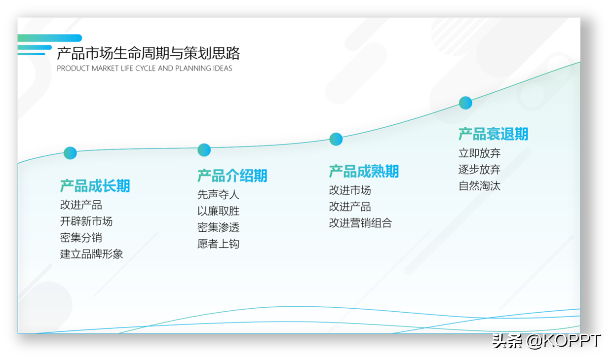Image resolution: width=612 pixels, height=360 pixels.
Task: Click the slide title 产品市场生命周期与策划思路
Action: coord(149,53)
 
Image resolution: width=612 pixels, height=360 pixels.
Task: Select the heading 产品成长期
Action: coord(95,186)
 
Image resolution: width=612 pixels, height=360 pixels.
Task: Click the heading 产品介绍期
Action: coord(232,176)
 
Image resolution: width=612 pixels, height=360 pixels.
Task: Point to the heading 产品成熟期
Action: coord(364,172)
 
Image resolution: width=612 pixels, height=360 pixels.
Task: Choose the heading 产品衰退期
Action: coord(493,134)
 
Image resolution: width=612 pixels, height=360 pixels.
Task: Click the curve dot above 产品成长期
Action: coord(70,153)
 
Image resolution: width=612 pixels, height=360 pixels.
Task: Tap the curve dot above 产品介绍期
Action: coord(204,150)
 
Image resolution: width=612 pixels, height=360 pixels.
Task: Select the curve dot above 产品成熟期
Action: coord(336,139)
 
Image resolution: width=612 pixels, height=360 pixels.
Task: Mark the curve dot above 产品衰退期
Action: coord(465,103)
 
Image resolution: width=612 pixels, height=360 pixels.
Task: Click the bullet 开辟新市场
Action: coord(86,221)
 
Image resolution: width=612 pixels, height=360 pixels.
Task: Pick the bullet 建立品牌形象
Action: coord(91,254)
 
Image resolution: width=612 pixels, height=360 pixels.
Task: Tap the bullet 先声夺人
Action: coord(218,195)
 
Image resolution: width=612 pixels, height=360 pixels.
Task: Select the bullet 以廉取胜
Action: coord(218,211)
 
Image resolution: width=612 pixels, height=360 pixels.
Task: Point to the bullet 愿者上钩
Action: coord(218,244)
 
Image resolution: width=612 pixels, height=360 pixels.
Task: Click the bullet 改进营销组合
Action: coord(360,223)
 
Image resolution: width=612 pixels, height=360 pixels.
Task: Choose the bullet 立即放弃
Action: coord(480,153)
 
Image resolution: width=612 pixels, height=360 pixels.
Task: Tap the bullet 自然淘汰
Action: coord(480,186)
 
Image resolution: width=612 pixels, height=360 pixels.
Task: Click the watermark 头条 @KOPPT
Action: coord(546,341)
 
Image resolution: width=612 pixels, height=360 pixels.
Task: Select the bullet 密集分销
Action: coord(81,238)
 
